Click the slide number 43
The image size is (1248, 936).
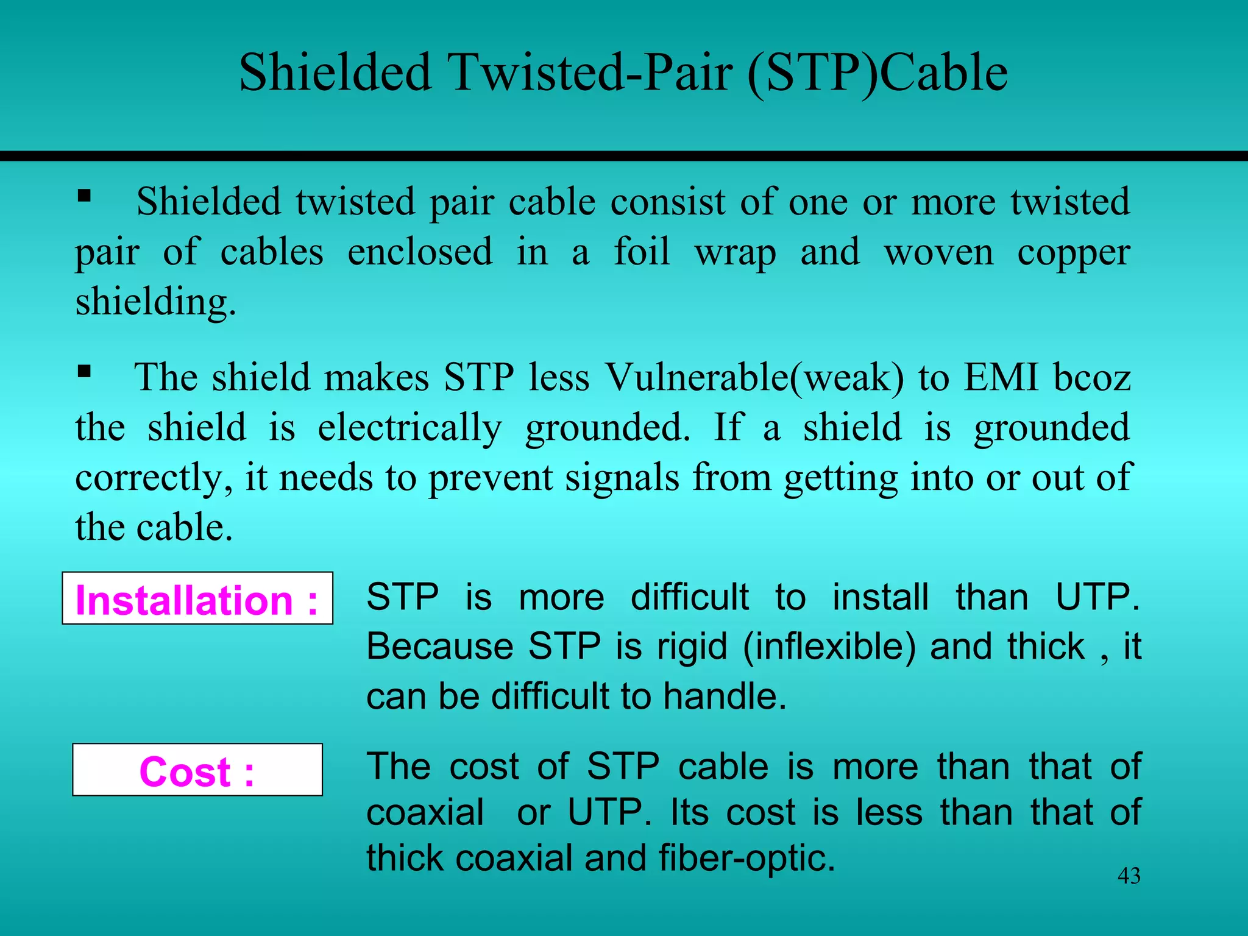pyautogui.click(x=1129, y=876)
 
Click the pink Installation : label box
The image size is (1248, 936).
pyautogui.click(x=197, y=599)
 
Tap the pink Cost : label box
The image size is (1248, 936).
pyautogui.click(x=197, y=770)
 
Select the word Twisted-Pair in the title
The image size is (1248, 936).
pyautogui.click(x=589, y=73)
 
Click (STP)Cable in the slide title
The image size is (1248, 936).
pyautogui.click(x=877, y=73)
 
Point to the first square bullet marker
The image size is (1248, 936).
pyautogui.click(x=84, y=196)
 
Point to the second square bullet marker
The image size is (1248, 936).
pyautogui.click(x=84, y=371)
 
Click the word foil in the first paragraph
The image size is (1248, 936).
pyautogui.click(x=642, y=251)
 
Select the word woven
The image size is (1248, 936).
pyautogui.click(x=938, y=252)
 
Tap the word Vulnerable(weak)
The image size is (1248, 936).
pyautogui.click(x=754, y=377)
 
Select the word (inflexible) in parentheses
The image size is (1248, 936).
pyautogui.click(x=829, y=647)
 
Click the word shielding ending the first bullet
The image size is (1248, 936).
pyautogui.click(x=155, y=302)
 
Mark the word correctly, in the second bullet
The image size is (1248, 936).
pyautogui.click(x=154, y=478)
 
